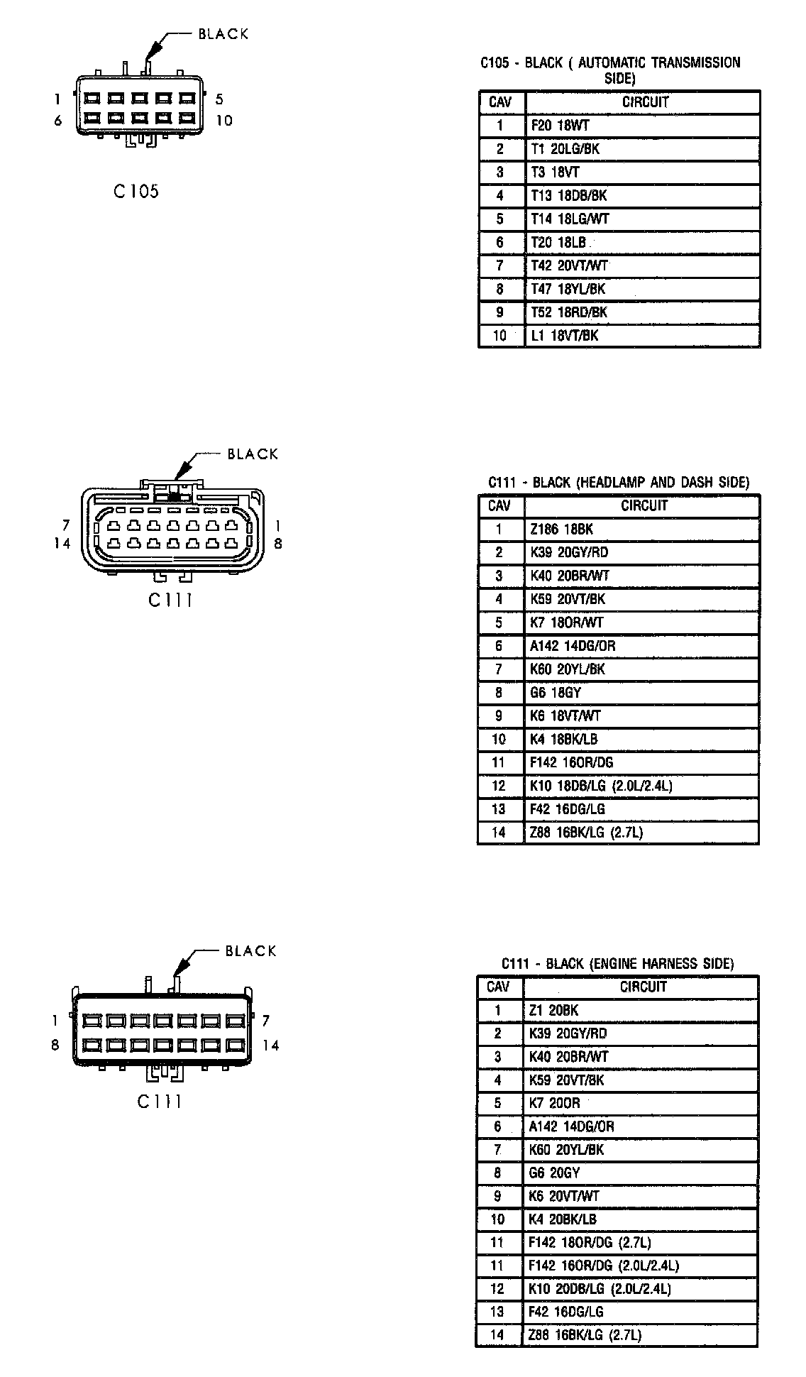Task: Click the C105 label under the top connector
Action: click(x=136, y=191)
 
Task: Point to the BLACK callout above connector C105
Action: click(x=223, y=34)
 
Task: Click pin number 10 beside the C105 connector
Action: click(x=224, y=121)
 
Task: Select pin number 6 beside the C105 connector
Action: click(x=58, y=121)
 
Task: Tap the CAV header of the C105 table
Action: click(x=500, y=102)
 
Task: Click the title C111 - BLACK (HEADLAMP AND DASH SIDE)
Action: click(x=618, y=483)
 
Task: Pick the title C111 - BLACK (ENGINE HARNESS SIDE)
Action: click(x=617, y=964)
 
